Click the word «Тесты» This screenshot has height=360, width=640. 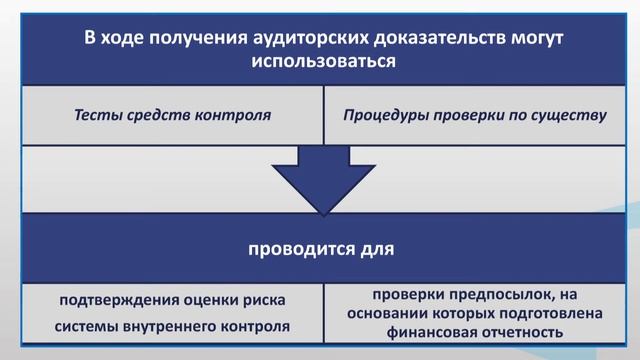[x=97, y=114]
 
